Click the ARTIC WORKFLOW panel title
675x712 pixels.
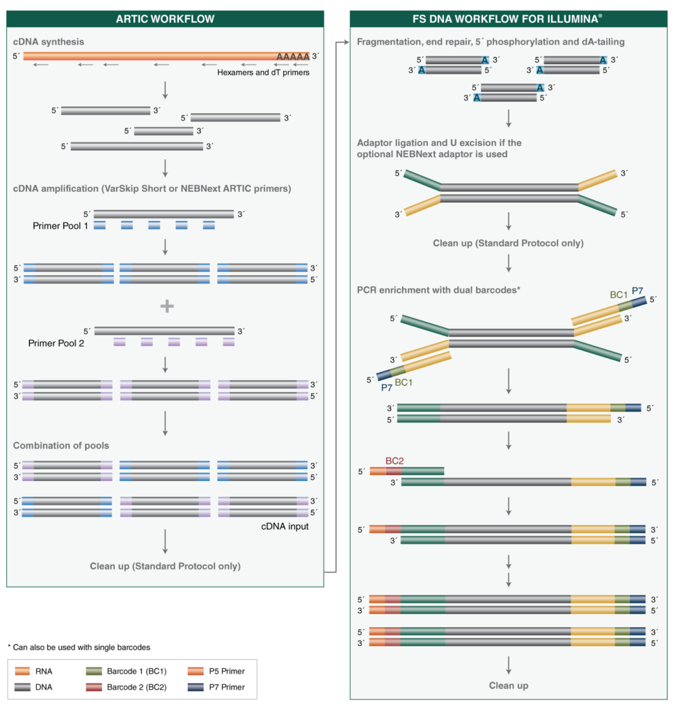pyautogui.click(x=165, y=18)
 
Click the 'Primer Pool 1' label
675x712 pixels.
pyautogui.click(x=61, y=226)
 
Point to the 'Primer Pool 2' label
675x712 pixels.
pyautogui.click(x=56, y=343)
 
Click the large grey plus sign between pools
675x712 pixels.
pyautogui.click(x=166, y=306)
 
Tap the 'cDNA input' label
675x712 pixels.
pyautogui.click(x=285, y=526)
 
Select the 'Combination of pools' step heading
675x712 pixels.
pyautogui.click(x=61, y=445)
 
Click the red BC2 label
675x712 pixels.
pyautogui.click(x=395, y=460)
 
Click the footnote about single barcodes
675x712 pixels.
pyautogui.click(x=79, y=647)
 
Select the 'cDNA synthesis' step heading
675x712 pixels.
pyautogui.click(x=49, y=42)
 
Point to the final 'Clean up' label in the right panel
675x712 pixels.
pyautogui.click(x=509, y=686)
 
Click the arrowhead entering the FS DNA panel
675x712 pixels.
pyautogui.click(x=347, y=42)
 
